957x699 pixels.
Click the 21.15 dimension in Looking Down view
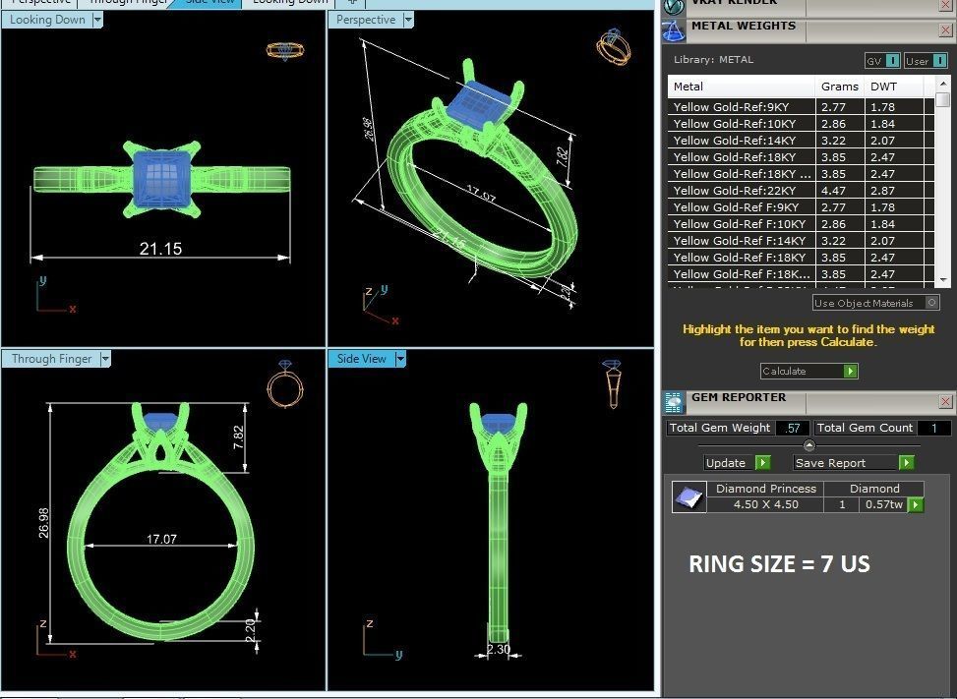click(x=160, y=249)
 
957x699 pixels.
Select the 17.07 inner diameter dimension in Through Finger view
click(x=161, y=539)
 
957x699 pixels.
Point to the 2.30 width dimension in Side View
click(x=499, y=649)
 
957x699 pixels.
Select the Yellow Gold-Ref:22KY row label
click(x=735, y=191)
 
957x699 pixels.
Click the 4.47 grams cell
click(x=833, y=191)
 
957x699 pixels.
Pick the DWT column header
click(x=883, y=87)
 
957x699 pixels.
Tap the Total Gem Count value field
click(x=933, y=428)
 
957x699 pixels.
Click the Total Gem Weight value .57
click(x=792, y=428)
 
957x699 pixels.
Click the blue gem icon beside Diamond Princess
click(x=688, y=496)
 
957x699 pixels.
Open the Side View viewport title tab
click(x=362, y=359)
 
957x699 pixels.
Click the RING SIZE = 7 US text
click(x=779, y=564)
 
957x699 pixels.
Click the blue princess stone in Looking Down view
click(x=160, y=177)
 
